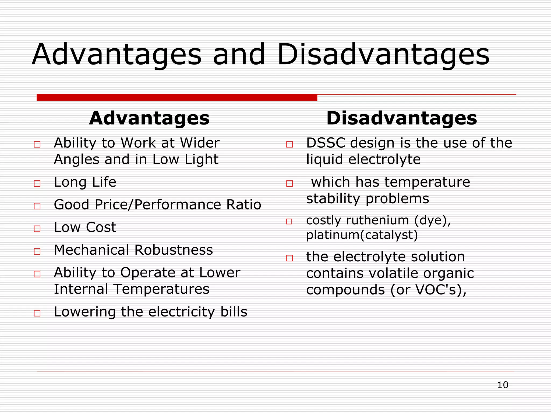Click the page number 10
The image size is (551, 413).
coord(503,385)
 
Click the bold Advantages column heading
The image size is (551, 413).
coord(149,118)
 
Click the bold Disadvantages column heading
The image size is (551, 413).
coord(401,118)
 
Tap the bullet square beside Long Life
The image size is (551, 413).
coord(37,184)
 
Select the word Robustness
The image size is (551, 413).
coord(174,250)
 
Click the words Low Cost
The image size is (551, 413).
coord(85,227)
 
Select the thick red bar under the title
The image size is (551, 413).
coord(177,98)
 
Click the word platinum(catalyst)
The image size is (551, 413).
coord(362,235)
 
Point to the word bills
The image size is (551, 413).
coord(234,312)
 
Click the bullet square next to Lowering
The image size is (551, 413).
coord(37,313)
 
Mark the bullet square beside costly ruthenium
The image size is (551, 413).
coord(289,222)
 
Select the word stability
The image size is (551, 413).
coord(333,199)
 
